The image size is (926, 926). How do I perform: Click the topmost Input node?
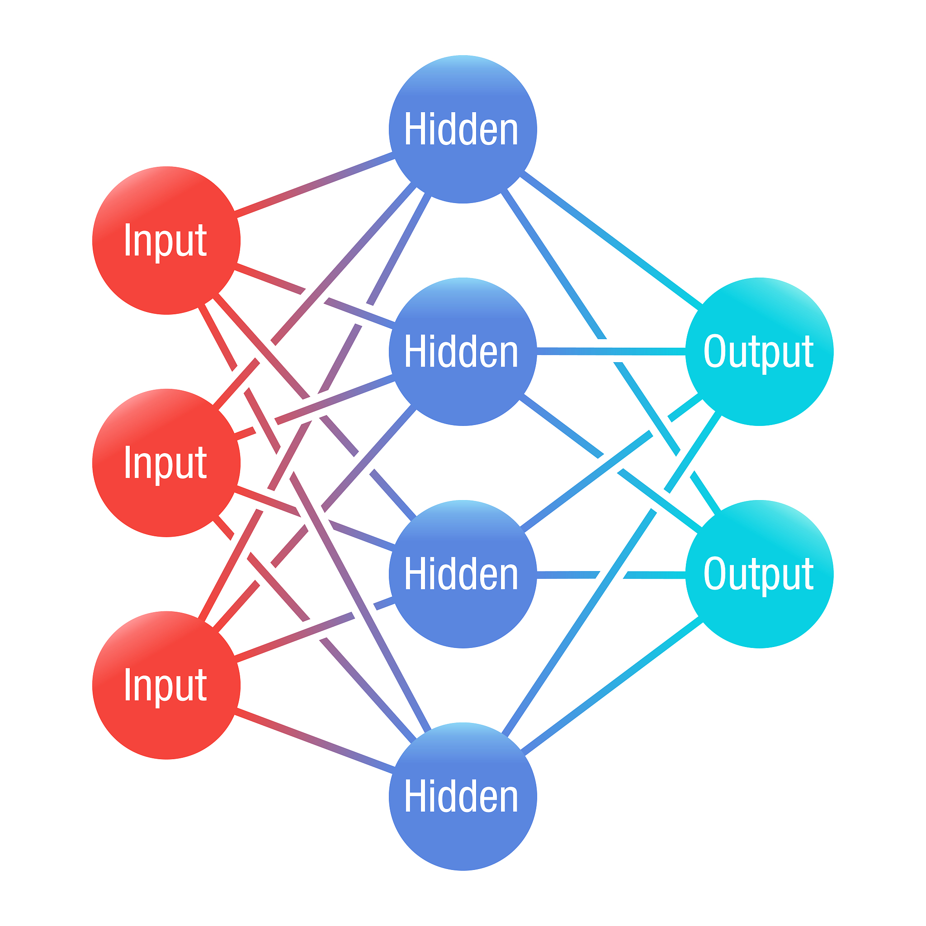point(166,240)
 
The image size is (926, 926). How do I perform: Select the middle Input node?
point(166,463)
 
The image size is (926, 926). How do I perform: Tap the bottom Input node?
point(166,685)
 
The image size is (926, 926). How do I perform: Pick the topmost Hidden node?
point(463,129)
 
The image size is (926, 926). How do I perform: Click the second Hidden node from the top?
point(463,351)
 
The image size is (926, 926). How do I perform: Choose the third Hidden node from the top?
point(463,574)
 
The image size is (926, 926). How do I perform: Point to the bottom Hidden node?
point(463,796)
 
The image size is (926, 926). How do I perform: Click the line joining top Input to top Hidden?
point(314,184)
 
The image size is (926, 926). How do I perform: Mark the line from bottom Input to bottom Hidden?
point(314,741)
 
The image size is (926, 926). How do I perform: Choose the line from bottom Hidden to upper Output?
point(611,574)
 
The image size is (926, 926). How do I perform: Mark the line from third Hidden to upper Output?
point(611,463)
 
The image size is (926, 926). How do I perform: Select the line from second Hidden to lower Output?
point(611,463)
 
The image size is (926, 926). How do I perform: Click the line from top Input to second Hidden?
point(314,296)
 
